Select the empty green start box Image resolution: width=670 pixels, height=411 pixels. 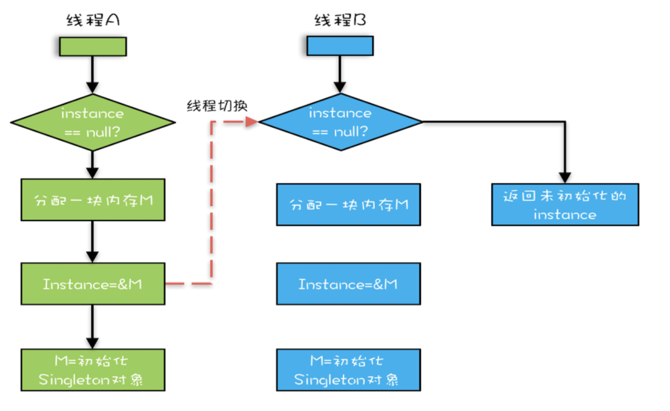(92, 47)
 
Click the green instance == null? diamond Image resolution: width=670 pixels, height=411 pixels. (92, 122)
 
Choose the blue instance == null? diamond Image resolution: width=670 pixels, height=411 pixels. (340, 122)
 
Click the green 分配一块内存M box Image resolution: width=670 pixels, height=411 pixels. (93, 200)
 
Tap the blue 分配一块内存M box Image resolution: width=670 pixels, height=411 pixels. (348, 204)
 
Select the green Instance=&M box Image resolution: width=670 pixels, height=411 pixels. (93, 284)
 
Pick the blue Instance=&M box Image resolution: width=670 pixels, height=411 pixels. (348, 284)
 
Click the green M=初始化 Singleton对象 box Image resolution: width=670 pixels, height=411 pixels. (93, 370)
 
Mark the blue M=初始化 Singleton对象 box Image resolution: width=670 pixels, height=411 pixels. (348, 370)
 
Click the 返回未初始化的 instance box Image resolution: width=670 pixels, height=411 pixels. (565, 204)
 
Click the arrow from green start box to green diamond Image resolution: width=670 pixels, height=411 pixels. (92, 75)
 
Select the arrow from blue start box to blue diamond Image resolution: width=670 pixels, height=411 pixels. (340, 75)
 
